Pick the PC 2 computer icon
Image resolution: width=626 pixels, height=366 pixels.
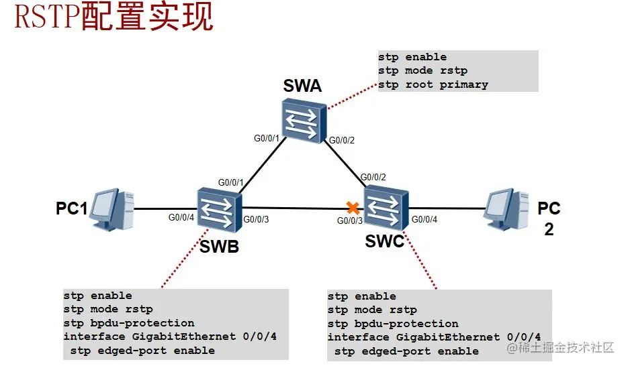coord(509,209)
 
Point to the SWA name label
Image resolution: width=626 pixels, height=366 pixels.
coord(302,86)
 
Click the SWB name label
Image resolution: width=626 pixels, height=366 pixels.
coord(219,247)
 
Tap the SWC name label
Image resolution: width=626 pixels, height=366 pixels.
coord(385,241)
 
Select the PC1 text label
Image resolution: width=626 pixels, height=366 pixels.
coord(72,209)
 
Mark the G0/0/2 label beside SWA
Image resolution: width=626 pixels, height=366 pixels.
coord(341,140)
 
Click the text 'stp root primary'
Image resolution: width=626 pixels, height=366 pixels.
coord(433,84)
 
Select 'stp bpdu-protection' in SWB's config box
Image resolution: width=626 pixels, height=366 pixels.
coord(129,323)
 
